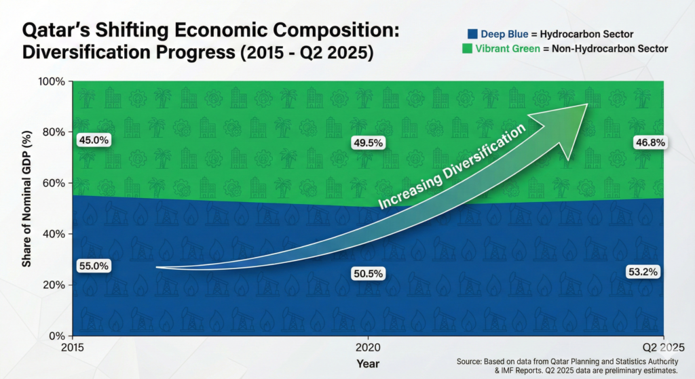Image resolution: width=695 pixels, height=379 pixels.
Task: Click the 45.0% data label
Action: (94, 140)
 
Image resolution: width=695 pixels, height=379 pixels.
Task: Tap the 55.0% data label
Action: (94, 266)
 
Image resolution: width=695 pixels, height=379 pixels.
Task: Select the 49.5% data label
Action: (368, 143)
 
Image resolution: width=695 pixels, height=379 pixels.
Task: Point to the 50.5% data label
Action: (368, 274)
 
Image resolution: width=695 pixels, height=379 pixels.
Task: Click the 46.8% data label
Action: (650, 142)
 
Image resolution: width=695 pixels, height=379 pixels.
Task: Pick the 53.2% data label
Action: (643, 272)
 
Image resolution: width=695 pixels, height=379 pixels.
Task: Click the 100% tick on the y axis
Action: (52, 82)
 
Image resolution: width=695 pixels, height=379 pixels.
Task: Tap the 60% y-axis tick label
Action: (54, 183)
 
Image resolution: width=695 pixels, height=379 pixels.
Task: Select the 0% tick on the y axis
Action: (57, 336)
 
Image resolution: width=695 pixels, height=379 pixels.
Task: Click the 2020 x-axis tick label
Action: (368, 348)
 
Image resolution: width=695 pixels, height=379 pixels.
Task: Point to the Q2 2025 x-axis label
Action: (663, 348)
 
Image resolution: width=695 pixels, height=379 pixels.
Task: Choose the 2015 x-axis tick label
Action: (72, 348)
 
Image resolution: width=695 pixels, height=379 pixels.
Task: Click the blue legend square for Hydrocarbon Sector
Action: (472, 34)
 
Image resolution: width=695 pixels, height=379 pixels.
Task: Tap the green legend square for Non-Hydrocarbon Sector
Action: (467, 48)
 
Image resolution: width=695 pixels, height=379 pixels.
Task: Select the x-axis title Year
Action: (368, 364)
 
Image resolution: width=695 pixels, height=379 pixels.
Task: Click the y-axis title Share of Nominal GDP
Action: (27, 199)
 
